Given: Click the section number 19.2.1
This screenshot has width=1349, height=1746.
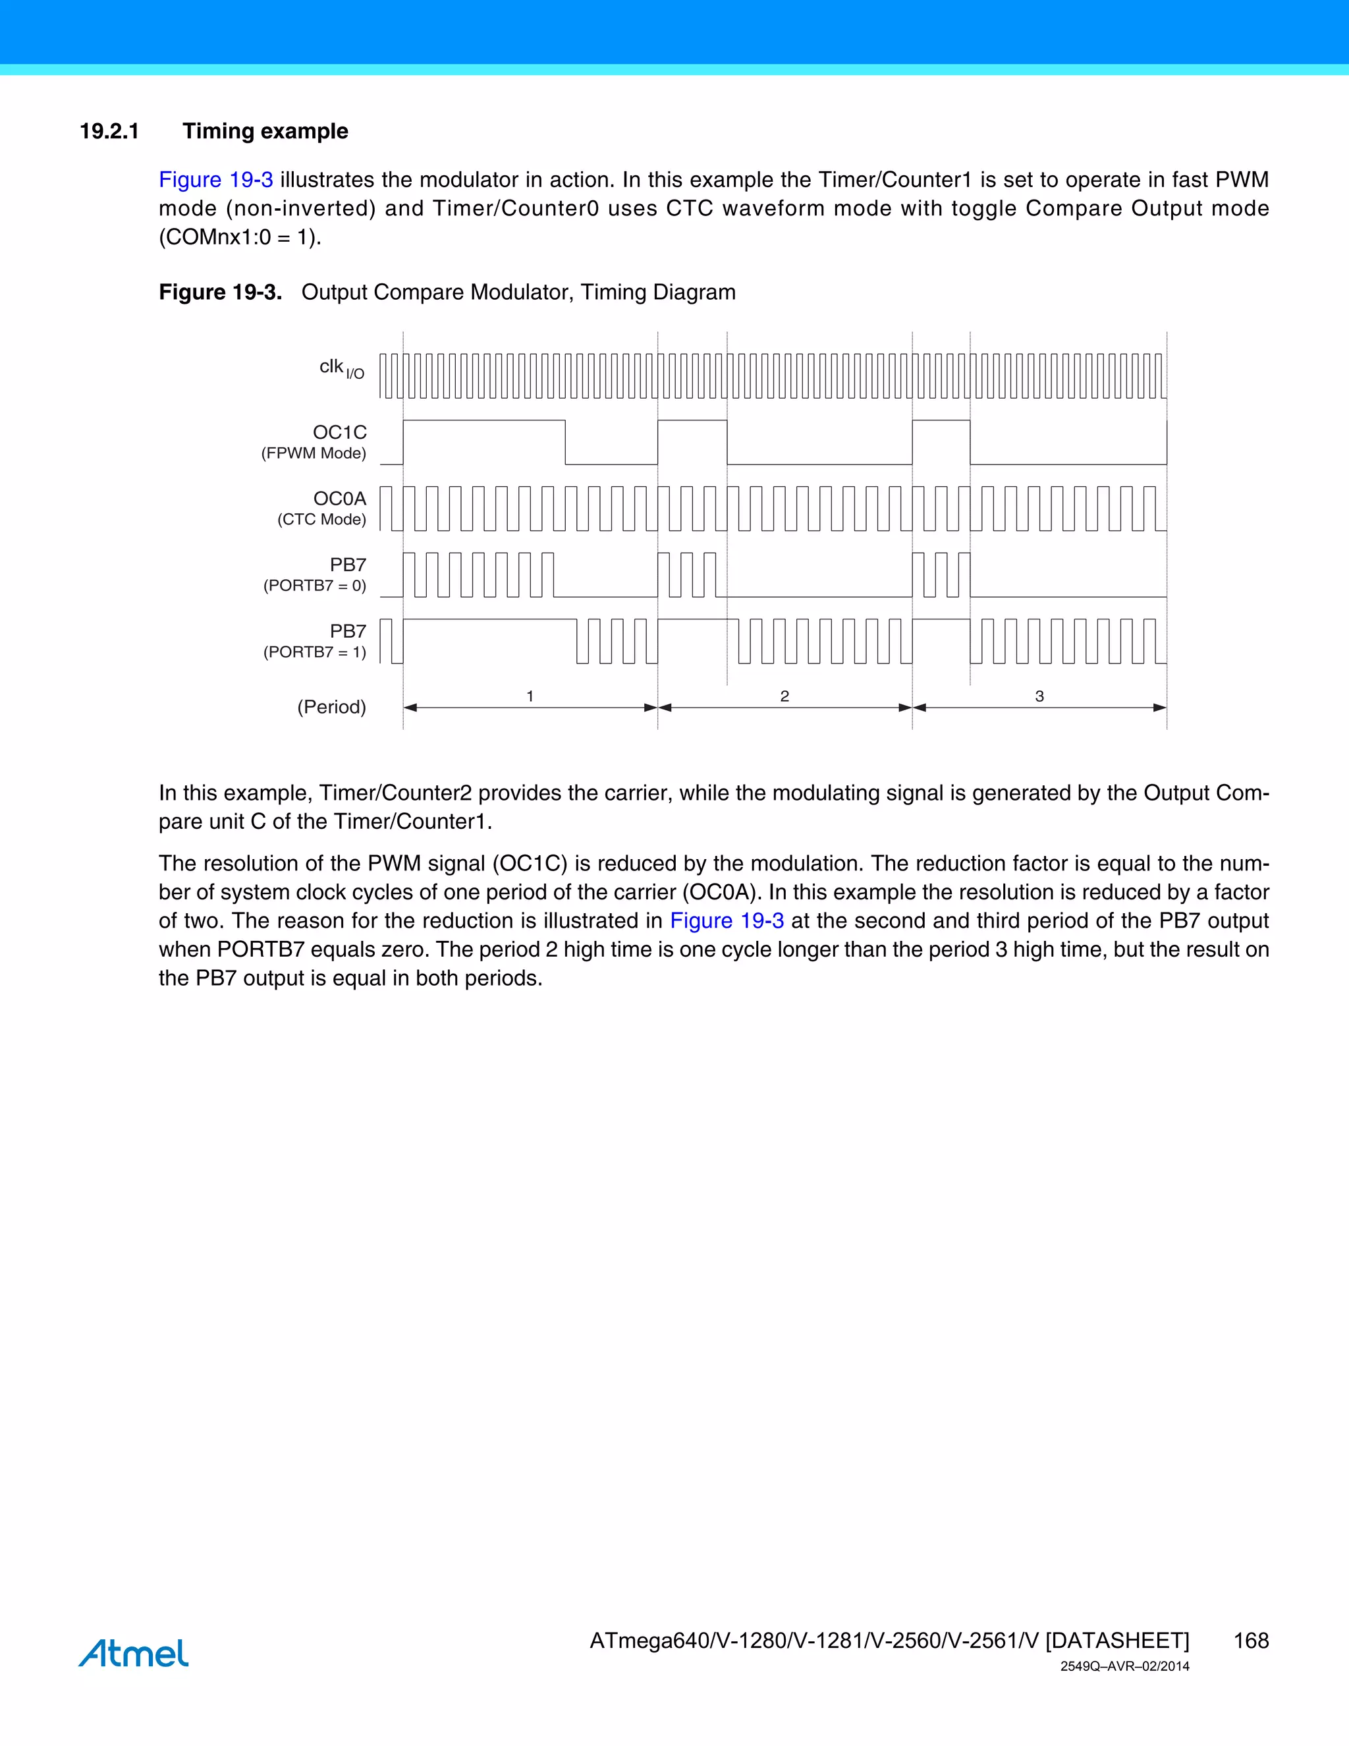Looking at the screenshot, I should tap(109, 131).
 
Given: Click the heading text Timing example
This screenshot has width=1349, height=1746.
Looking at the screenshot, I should tap(265, 131).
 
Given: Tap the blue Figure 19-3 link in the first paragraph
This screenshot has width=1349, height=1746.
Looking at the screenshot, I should tap(216, 180).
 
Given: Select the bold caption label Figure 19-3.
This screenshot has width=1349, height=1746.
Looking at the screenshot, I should tap(220, 293).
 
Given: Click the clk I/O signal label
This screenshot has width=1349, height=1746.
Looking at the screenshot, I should tap(341, 368).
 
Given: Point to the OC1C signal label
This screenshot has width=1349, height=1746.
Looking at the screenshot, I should tap(340, 432).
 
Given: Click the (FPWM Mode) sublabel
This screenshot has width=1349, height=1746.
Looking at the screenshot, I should tap(314, 453).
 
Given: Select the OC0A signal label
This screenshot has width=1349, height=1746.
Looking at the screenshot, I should tap(340, 499).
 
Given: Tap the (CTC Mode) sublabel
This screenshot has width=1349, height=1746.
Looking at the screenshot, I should tap(321, 520).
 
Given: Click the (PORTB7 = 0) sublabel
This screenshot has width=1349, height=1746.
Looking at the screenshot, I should tap(314, 586).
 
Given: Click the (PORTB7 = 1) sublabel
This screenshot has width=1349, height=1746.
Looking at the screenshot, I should tap(314, 652).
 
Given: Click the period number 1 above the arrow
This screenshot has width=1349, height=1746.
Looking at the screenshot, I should tap(530, 696).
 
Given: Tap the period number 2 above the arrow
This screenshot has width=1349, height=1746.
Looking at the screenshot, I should tap(785, 696).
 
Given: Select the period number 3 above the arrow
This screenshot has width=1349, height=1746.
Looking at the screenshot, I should tap(1039, 696).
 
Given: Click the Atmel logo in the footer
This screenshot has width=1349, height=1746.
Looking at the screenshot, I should tap(134, 1653).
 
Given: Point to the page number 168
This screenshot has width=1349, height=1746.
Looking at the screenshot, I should tap(1251, 1641).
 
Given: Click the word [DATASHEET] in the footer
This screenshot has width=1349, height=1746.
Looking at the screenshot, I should tap(1117, 1641).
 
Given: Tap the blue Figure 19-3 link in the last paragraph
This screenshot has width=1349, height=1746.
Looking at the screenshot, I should tap(727, 921).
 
